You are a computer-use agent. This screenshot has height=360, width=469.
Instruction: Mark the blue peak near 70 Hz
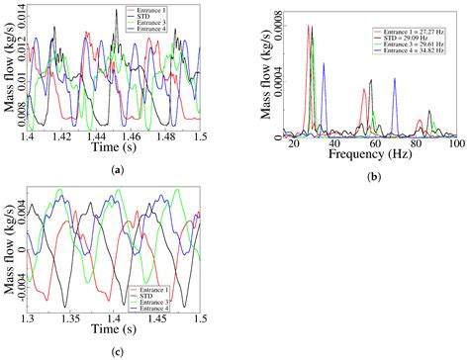pos(394,79)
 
